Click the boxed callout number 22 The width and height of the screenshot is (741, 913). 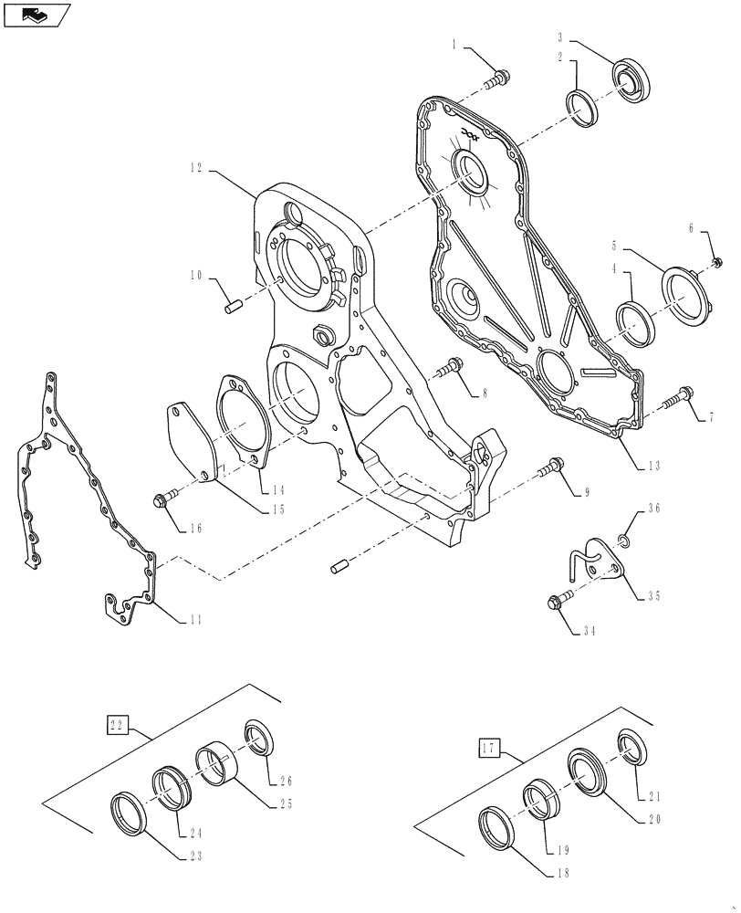pyautogui.click(x=115, y=727)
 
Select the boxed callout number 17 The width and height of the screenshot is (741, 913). pyautogui.click(x=488, y=750)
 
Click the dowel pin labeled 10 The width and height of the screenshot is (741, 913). pyautogui.click(x=232, y=302)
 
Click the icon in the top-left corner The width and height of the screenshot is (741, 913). pyautogui.click(x=36, y=14)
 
